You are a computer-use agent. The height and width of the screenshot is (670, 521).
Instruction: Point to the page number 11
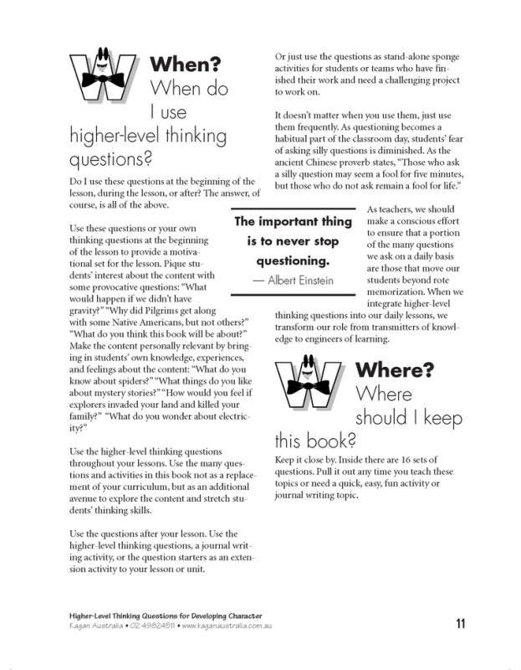coord(462,622)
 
